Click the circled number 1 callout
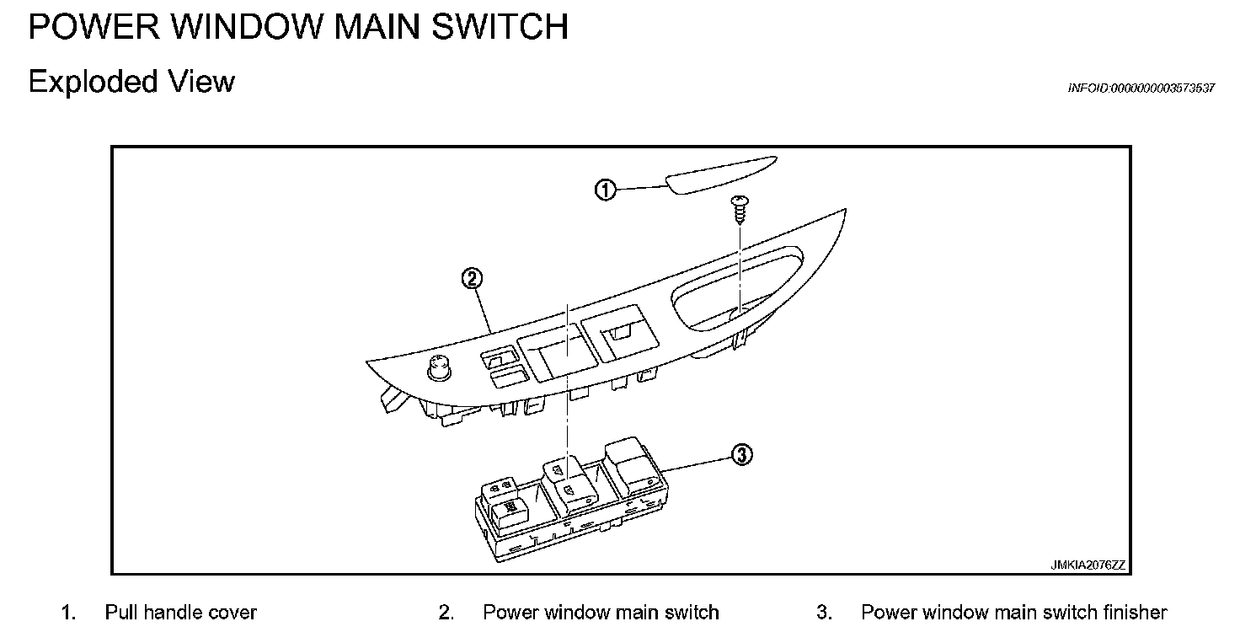pos(606,190)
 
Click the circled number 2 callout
pos(473,279)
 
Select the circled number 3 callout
pos(741,456)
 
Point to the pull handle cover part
pos(720,174)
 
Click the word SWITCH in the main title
pos(500,27)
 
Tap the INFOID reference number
pos(1141,88)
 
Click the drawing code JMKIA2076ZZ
pos(1087,565)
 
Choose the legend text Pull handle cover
pos(180,612)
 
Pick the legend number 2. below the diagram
pos(446,612)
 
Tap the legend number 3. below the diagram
pos(824,612)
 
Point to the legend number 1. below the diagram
pos(68,612)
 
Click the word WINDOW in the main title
pos(244,27)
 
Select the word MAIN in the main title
pos(380,27)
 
